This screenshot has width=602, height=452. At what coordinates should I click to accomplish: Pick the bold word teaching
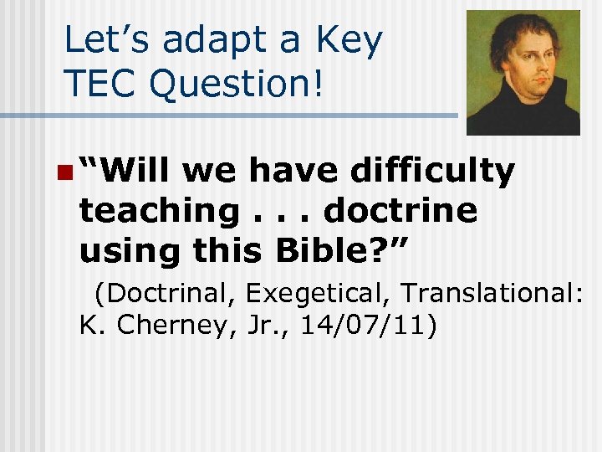[x=159, y=212]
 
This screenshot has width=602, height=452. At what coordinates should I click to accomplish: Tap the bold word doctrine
[x=400, y=211]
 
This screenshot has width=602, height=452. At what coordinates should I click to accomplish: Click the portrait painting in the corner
[x=523, y=72]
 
